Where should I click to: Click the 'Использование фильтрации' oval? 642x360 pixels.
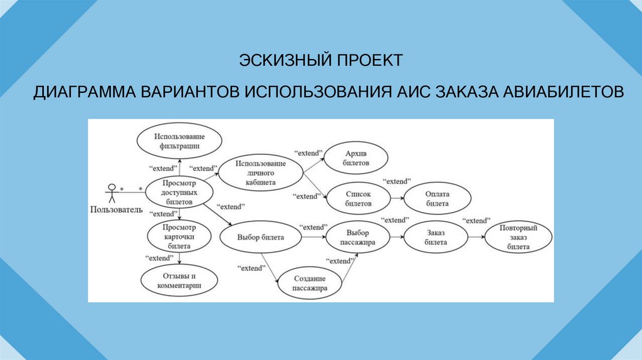point(179,140)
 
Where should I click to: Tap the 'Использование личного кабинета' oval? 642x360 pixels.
point(261,174)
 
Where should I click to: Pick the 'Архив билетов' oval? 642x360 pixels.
point(356,158)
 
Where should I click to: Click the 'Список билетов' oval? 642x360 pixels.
point(358,199)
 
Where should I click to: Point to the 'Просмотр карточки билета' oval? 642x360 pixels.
point(179,237)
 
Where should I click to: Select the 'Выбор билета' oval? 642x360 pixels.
point(261,238)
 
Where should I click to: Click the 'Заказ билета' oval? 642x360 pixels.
point(436,237)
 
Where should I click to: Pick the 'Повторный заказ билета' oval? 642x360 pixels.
point(519,238)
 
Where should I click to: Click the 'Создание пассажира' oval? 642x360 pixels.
point(310,283)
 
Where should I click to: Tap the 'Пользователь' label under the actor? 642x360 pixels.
point(117,209)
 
